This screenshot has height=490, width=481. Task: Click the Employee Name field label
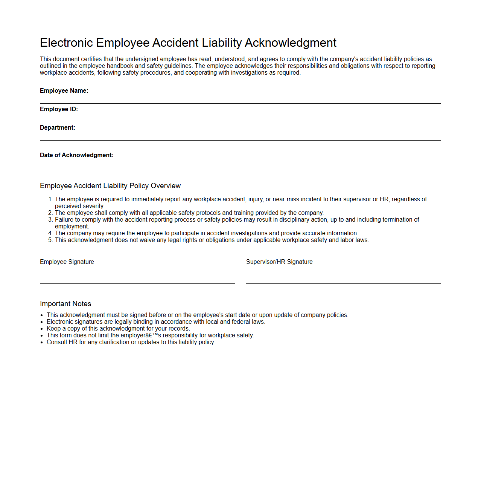(x=64, y=91)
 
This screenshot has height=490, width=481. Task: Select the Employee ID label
(x=59, y=109)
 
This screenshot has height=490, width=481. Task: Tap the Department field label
(x=58, y=128)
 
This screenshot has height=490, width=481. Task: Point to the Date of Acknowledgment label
(x=76, y=155)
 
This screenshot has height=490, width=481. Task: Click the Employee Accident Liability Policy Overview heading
(x=110, y=186)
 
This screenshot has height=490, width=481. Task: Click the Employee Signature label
(x=67, y=262)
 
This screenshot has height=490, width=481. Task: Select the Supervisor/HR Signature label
(x=279, y=262)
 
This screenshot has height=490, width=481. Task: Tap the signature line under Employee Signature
(x=137, y=283)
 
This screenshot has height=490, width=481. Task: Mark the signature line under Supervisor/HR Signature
(x=343, y=283)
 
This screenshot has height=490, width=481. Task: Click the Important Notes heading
(x=65, y=304)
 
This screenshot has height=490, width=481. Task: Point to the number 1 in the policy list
(x=50, y=199)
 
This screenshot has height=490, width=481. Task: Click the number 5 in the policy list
(x=50, y=240)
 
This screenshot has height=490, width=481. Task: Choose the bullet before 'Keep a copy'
(x=42, y=329)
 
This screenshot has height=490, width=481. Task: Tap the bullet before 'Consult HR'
(x=42, y=343)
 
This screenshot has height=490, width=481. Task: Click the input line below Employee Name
(x=240, y=103)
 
